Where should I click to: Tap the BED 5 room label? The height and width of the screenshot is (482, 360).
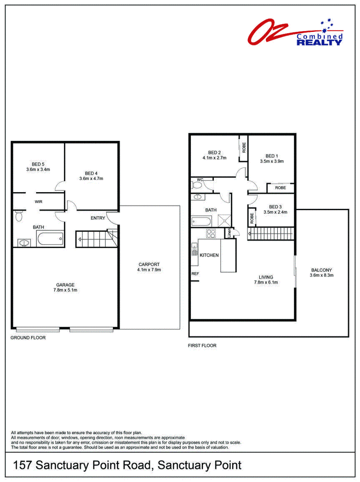(38, 164)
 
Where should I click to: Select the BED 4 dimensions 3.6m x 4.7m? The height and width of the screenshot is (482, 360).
(91, 179)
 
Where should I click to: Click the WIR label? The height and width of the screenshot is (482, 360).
(38, 202)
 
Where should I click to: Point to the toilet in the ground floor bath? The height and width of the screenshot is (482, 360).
(19, 216)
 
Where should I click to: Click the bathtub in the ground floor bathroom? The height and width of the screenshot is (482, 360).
(50, 239)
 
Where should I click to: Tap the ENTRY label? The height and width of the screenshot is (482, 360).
(98, 218)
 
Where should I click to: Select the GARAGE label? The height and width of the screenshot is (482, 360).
(65, 285)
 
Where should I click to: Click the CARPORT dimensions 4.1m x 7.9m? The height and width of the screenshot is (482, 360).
(149, 270)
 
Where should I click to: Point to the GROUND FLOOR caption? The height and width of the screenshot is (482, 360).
(28, 338)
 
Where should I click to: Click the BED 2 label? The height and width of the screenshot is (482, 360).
(214, 153)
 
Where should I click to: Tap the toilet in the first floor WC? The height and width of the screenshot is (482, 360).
(197, 185)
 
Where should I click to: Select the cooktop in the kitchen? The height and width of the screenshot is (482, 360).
(211, 234)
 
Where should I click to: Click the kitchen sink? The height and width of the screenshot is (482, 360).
(194, 249)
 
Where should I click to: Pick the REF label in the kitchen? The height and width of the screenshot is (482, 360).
(195, 274)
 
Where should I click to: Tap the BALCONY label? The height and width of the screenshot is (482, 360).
(322, 270)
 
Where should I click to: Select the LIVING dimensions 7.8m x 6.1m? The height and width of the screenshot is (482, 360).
(266, 283)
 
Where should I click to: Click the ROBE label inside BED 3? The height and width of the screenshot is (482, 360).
(252, 218)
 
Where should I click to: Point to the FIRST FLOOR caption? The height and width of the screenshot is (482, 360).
(202, 346)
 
